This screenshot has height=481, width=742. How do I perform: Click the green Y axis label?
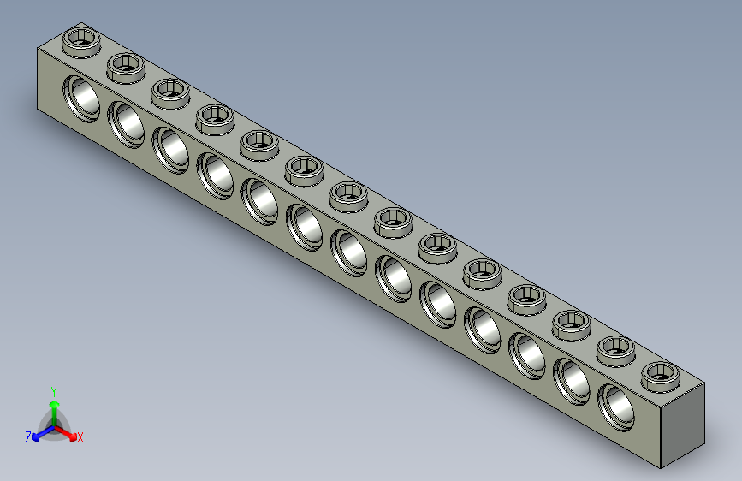pos(53,390)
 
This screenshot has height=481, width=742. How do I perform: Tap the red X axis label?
pos(80,437)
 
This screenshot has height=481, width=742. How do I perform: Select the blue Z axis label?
pos(28,436)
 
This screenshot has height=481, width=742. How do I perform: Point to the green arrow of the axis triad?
pos(54,407)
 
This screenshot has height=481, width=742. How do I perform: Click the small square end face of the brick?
pos(682,425)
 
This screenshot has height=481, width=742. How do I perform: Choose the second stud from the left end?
pos(126,65)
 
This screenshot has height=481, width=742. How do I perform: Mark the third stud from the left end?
pos(170,91)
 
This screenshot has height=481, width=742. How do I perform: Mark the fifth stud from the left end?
pos(259,142)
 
